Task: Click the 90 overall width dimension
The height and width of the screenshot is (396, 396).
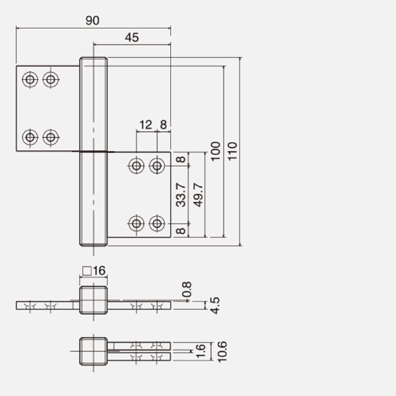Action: (92, 20)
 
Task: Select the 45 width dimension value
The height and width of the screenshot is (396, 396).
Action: (132, 38)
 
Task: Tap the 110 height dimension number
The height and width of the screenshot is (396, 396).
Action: (233, 151)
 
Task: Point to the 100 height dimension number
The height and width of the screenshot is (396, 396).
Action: (215, 151)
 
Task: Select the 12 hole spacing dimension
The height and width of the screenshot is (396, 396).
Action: (146, 125)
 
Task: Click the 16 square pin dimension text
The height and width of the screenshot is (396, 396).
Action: (99, 271)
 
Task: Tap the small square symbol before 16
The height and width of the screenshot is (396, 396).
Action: (87, 271)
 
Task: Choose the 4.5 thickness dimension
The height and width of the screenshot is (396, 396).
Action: (215, 305)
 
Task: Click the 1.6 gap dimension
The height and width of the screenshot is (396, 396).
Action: (201, 351)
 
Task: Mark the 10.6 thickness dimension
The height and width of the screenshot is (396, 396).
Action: (222, 351)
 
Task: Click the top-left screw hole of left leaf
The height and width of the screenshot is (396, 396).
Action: (30, 79)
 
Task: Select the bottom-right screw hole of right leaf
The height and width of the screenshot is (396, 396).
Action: (157, 223)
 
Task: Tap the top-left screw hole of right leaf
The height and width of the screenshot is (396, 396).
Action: (136, 165)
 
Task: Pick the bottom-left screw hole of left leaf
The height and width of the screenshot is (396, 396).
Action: (30, 137)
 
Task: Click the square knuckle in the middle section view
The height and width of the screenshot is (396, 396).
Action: (93, 300)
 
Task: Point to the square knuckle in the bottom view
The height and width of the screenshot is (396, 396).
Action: (93, 351)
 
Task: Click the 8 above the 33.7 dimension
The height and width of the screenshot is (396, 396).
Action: (181, 159)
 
